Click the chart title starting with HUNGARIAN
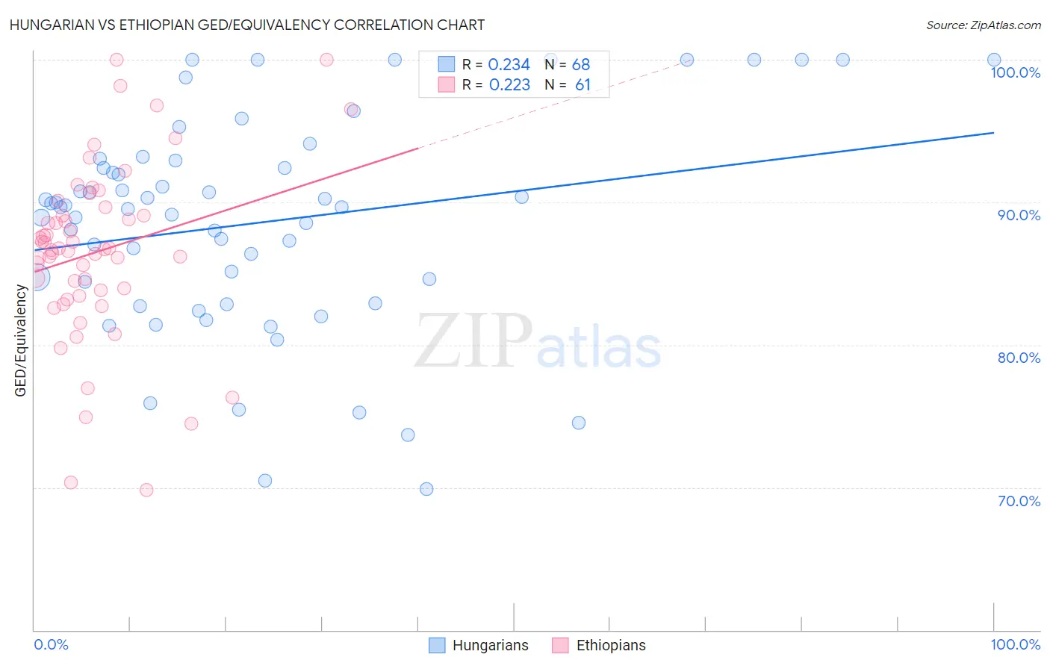click(x=246, y=25)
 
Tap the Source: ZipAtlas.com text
click(x=983, y=25)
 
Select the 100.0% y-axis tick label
click(x=1015, y=72)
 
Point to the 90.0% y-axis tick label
click(x=1019, y=215)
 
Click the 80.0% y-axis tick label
click(x=1019, y=358)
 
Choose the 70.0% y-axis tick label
click(x=1019, y=501)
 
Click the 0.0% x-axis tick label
click(x=51, y=644)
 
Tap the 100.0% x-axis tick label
click(x=1015, y=644)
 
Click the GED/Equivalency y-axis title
click(x=21, y=340)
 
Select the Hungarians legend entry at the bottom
click(x=479, y=645)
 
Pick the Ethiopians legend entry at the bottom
click(x=599, y=645)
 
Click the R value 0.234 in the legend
click(x=509, y=65)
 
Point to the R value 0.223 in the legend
click(x=509, y=85)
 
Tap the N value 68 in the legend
click(x=581, y=65)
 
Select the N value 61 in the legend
click(x=583, y=85)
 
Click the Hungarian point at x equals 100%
click(x=994, y=60)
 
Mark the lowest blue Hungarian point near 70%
click(x=426, y=489)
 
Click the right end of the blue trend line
click(x=994, y=132)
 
